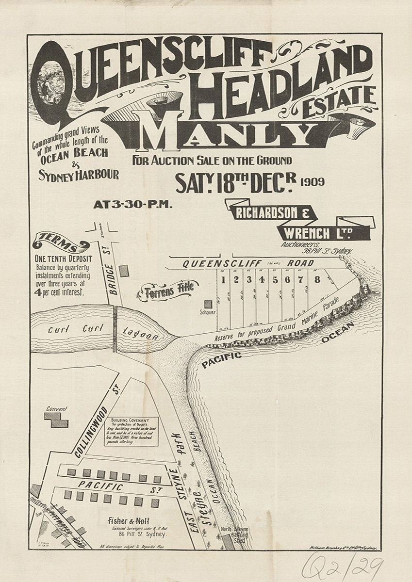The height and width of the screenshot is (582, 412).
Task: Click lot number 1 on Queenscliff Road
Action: click(223, 280)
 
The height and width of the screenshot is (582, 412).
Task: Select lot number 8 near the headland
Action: click(317, 279)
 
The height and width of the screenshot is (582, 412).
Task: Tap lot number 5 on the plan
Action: click(275, 280)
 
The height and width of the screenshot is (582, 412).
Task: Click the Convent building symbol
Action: click(56, 419)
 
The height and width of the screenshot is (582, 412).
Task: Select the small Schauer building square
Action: click(208, 305)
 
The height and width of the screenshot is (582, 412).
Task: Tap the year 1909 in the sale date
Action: click(312, 182)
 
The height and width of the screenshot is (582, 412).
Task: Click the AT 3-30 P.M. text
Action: click(132, 204)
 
